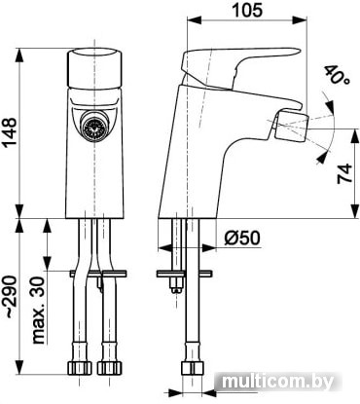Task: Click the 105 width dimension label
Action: tap(247, 10)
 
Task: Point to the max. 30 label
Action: tap(38, 310)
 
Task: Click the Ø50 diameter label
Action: tap(242, 239)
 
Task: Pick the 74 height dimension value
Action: tap(344, 173)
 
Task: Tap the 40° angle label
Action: tap(337, 76)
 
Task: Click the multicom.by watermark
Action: tap(278, 382)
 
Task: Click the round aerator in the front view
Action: tap(94, 128)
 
